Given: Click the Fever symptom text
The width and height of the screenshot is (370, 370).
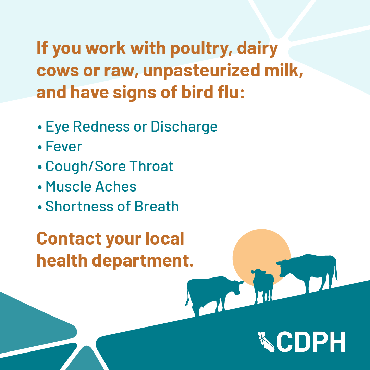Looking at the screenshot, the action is [x=64, y=146].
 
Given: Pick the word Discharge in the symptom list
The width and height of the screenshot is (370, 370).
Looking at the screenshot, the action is [x=184, y=127].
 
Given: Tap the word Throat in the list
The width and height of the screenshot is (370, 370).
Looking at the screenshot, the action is [x=151, y=166].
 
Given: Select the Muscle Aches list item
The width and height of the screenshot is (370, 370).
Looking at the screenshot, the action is [x=91, y=186].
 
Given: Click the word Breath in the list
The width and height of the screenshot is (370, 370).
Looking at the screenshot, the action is [x=157, y=206].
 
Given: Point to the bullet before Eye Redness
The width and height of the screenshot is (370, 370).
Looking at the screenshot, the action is [x=40, y=127].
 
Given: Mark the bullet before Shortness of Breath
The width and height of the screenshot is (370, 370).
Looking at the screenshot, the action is [x=40, y=207].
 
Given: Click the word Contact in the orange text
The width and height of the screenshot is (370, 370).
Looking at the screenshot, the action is [x=69, y=238].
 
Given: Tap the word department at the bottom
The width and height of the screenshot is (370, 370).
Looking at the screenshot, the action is [x=143, y=261].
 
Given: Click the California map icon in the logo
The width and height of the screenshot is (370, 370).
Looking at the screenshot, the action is [x=266, y=342].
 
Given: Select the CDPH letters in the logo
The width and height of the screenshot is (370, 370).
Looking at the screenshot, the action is [x=311, y=342].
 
